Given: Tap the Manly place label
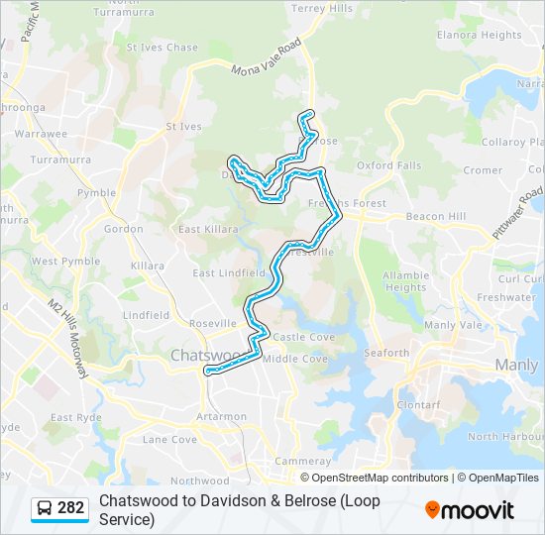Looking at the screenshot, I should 515,365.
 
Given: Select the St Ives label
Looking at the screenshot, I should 183,127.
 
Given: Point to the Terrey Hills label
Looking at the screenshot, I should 322,8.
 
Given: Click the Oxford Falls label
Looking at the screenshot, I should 388,165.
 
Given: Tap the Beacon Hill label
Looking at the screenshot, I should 435,216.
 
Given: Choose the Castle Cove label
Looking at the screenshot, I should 303,338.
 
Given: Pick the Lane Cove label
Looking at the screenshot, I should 169,439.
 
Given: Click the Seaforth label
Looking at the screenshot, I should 385,353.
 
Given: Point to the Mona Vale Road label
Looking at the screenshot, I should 267,59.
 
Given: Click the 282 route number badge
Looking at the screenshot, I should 70,508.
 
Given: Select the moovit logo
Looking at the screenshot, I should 470,509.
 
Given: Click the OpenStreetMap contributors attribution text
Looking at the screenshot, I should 381,478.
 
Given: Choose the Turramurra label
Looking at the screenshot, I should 60,159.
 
